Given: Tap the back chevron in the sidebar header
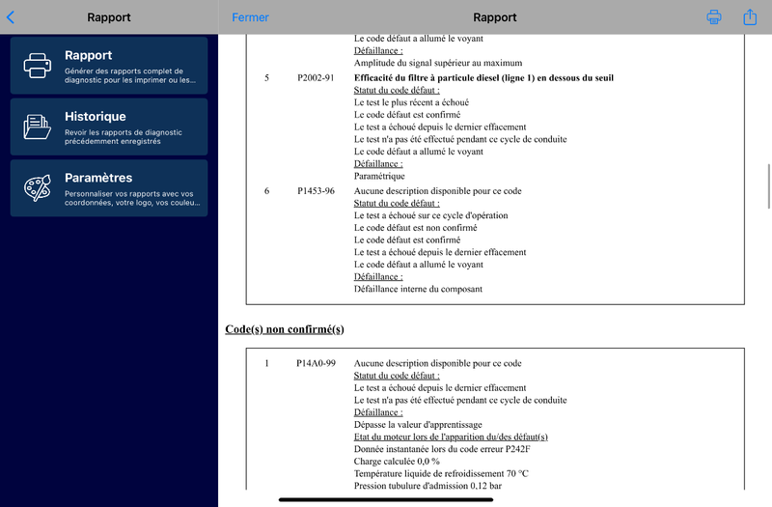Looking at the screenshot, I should [11, 17].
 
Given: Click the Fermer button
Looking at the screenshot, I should [250, 17].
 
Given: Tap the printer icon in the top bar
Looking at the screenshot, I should [714, 17].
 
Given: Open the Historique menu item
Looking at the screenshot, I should [109, 127].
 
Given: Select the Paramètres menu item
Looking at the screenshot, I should [109, 187].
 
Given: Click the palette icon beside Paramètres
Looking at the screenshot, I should [37, 188].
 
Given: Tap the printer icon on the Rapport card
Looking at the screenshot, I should [37, 66].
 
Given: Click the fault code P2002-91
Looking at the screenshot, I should [316, 78].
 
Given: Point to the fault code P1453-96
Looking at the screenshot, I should [316, 191].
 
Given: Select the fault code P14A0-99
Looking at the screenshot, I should [316, 363].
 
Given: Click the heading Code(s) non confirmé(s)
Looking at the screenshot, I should [285, 329].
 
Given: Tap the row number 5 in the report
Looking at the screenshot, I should [267, 78].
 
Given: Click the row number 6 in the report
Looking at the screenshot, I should [267, 191].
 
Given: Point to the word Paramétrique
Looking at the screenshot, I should [379, 177].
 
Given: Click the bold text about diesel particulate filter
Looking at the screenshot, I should [483, 78].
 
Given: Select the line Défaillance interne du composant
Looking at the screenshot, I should [418, 289].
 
